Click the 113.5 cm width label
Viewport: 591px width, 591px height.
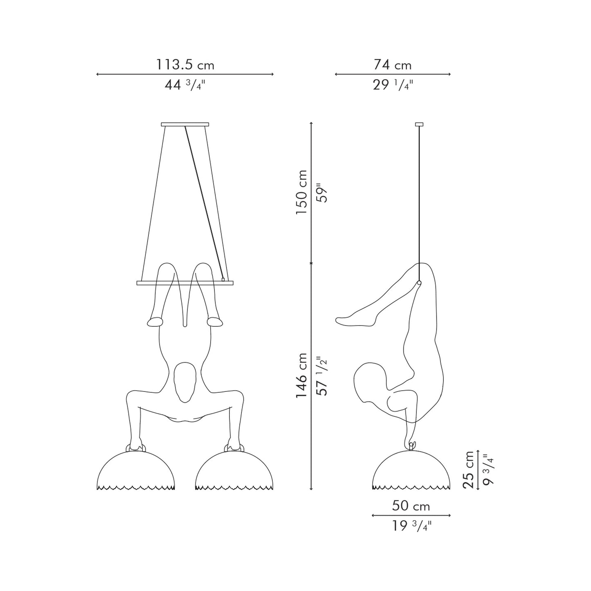pos(185,65)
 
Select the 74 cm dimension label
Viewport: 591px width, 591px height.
pos(392,65)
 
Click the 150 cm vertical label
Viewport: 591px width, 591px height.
pos(301,193)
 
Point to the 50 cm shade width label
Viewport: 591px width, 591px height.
pos(411,506)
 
